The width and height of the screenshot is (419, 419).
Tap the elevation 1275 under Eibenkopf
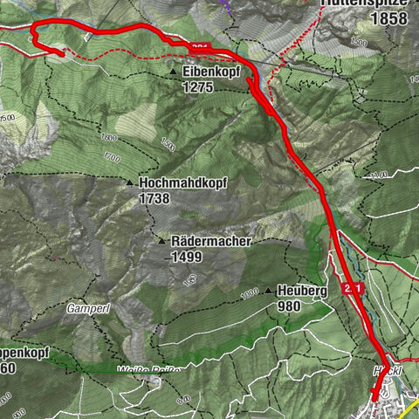(x=198, y=87)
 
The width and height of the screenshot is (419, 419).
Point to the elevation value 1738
(x=155, y=199)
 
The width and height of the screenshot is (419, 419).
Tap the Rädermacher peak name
(x=212, y=241)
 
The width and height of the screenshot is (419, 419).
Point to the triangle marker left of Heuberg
(x=266, y=291)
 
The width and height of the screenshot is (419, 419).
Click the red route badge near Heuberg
(x=353, y=288)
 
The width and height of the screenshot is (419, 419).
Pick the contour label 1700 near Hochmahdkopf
(x=110, y=158)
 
